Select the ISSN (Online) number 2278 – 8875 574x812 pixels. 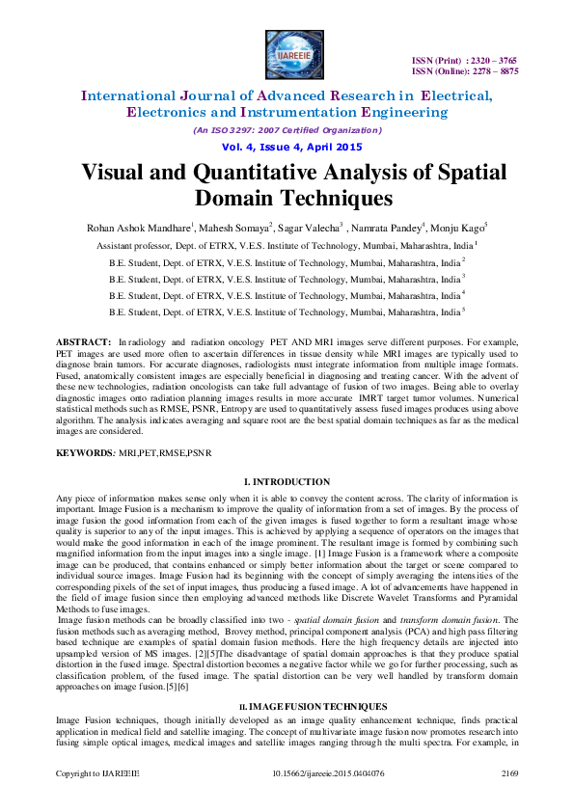tap(495, 71)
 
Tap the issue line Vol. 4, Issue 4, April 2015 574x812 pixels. tap(287, 147)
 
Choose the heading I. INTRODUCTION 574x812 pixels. tap(287, 480)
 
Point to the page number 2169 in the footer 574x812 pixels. tap(508, 799)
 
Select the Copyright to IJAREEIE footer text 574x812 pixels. tap(97, 799)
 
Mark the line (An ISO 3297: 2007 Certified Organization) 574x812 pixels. tap(287, 130)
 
